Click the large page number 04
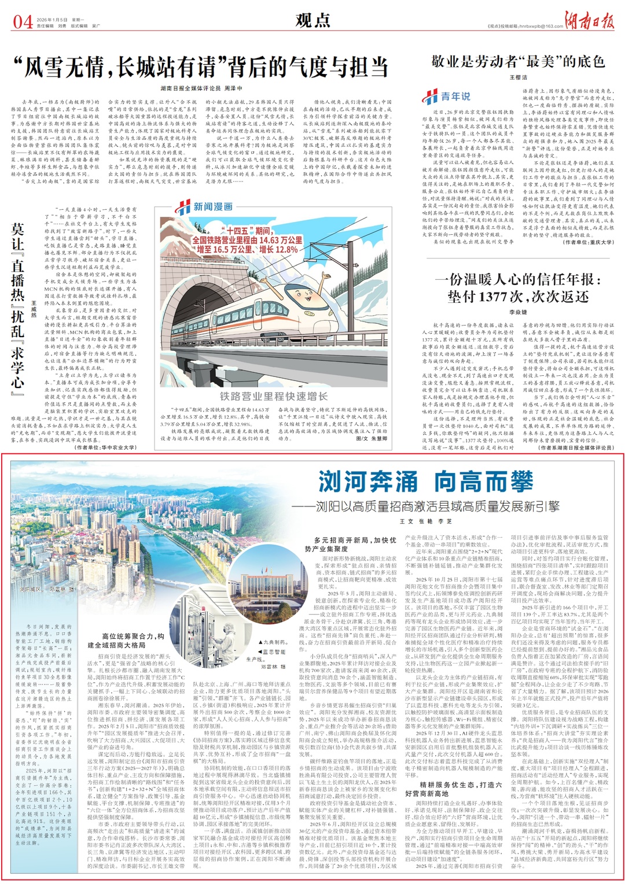point(23,21)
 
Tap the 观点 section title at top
point(312,20)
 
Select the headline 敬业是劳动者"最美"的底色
point(518,61)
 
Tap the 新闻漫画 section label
point(206,206)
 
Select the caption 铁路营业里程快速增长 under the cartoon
point(273,395)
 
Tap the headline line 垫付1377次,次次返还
point(518,296)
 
